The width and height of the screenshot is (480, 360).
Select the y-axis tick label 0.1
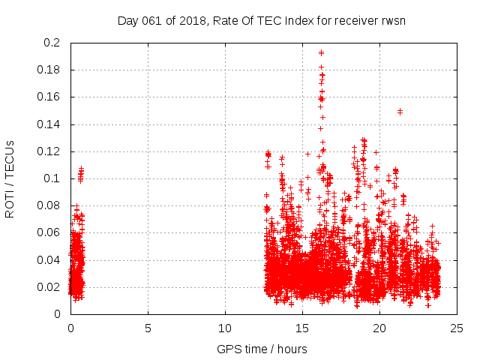[54, 178]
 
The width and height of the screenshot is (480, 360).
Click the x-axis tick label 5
[148, 328]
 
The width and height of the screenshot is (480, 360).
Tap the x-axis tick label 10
[225, 328]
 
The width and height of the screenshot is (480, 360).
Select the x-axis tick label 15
[302, 328]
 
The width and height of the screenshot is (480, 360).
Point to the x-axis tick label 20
[379, 328]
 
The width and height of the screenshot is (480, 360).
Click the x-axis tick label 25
[457, 328]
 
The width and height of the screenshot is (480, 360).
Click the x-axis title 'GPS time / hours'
[262, 349]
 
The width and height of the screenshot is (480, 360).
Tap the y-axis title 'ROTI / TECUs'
[10, 178]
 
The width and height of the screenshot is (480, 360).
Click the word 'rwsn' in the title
[392, 20]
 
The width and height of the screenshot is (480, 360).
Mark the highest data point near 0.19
[321, 52]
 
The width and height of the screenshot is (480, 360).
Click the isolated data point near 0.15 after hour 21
[400, 112]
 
